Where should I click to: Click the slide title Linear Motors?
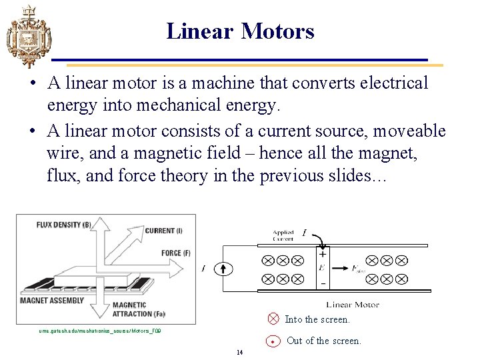[x=240, y=31]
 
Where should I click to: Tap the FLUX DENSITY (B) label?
[x=63, y=224]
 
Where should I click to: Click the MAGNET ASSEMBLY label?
[x=52, y=301]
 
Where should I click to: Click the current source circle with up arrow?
[x=223, y=269]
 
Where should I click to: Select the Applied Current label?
[x=283, y=235]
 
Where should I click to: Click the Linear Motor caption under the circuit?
[x=353, y=305]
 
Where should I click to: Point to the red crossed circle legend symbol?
[x=273, y=319]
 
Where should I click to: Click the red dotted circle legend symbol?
[x=273, y=341]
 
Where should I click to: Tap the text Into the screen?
[x=317, y=319]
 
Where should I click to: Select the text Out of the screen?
[x=324, y=341]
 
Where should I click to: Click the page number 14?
[x=239, y=352]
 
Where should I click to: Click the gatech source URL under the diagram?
[x=100, y=331]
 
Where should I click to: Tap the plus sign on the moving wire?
[x=323, y=253]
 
